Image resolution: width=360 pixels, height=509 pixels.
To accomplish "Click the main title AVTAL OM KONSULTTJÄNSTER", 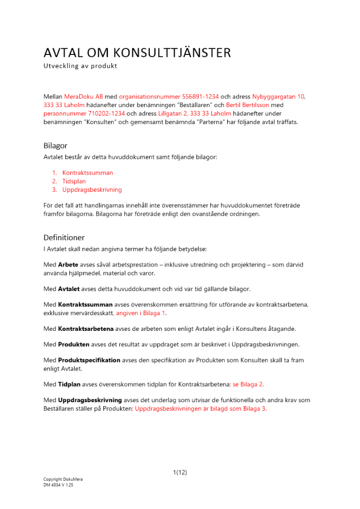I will click(x=137, y=53).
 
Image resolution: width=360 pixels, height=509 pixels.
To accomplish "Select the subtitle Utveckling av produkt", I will click(x=80, y=66).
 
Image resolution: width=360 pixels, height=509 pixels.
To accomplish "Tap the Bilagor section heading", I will click(x=56, y=146).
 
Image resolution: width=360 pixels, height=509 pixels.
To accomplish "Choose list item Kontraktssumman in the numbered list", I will click(x=88, y=173).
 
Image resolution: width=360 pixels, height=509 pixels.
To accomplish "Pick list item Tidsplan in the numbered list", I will click(x=74, y=181).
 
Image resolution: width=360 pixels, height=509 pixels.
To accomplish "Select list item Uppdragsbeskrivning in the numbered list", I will click(x=92, y=190).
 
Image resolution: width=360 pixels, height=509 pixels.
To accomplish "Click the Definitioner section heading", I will click(x=64, y=238).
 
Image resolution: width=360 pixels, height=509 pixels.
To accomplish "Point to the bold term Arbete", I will click(x=68, y=265).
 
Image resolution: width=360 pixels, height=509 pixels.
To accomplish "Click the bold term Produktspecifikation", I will click(x=89, y=360).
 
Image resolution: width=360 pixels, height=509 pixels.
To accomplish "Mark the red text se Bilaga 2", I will click(x=248, y=384).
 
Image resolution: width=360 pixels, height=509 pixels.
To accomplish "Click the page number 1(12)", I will click(x=180, y=472).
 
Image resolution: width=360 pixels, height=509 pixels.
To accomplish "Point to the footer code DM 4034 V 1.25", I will click(x=59, y=485).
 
